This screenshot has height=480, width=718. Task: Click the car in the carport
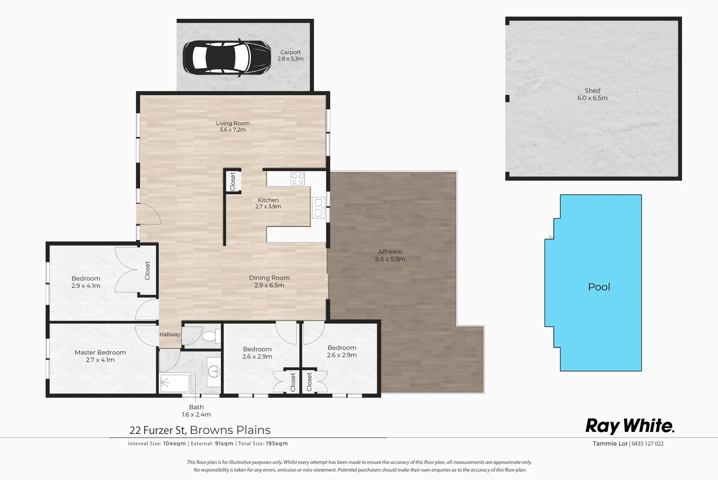pos(227,57)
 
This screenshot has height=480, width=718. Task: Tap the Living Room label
pos(233,123)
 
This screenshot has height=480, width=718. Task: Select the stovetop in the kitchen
pos(297,179)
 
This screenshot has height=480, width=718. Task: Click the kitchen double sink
pos(318,208)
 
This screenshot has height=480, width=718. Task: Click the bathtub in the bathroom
pos(175,383)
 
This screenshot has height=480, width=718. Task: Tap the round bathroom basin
pos(214,370)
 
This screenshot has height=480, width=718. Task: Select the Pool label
pos(599,287)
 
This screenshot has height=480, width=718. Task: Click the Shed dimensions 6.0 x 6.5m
pos(592,98)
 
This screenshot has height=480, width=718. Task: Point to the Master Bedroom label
pos(100,352)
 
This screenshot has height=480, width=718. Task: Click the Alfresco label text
pos(390,252)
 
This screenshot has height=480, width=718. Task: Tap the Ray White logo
pos(630,426)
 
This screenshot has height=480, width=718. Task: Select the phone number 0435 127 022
pos(647,444)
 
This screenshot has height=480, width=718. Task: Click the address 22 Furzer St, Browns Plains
pos(200,430)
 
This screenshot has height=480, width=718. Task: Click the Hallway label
pos(170,335)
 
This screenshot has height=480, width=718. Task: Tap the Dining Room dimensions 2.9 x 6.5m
pos(269,285)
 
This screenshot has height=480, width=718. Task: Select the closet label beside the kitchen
pos(233,181)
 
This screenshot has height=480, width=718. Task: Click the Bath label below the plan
pos(196,407)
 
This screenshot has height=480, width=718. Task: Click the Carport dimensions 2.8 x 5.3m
pos(290,59)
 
